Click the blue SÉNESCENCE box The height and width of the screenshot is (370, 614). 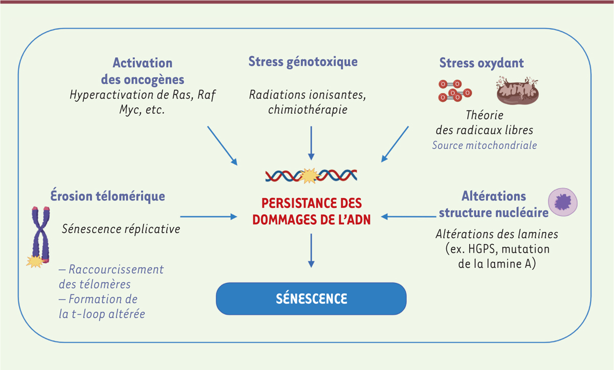(311, 298)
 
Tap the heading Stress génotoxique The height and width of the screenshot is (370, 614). (303, 62)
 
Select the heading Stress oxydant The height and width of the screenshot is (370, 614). (481, 63)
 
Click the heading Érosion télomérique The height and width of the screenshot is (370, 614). (108, 196)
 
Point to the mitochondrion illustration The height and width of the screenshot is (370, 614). (517, 90)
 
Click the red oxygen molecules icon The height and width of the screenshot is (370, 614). (455, 90)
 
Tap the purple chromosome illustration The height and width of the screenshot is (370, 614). (41, 235)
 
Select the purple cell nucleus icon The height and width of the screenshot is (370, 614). (563, 202)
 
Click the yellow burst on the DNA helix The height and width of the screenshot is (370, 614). (310, 176)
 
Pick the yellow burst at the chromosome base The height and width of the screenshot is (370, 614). (35, 261)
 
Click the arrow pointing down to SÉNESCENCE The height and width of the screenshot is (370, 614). (311, 250)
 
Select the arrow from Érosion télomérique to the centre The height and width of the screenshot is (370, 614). (209, 217)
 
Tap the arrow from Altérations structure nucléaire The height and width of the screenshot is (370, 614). (408, 217)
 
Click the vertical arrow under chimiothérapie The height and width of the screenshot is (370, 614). (311, 143)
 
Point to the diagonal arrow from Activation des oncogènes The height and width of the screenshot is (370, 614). (222, 146)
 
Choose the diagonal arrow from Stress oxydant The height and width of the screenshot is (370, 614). (394, 144)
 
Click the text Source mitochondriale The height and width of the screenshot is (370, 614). (485, 145)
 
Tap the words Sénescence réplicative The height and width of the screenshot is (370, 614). (121, 229)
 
